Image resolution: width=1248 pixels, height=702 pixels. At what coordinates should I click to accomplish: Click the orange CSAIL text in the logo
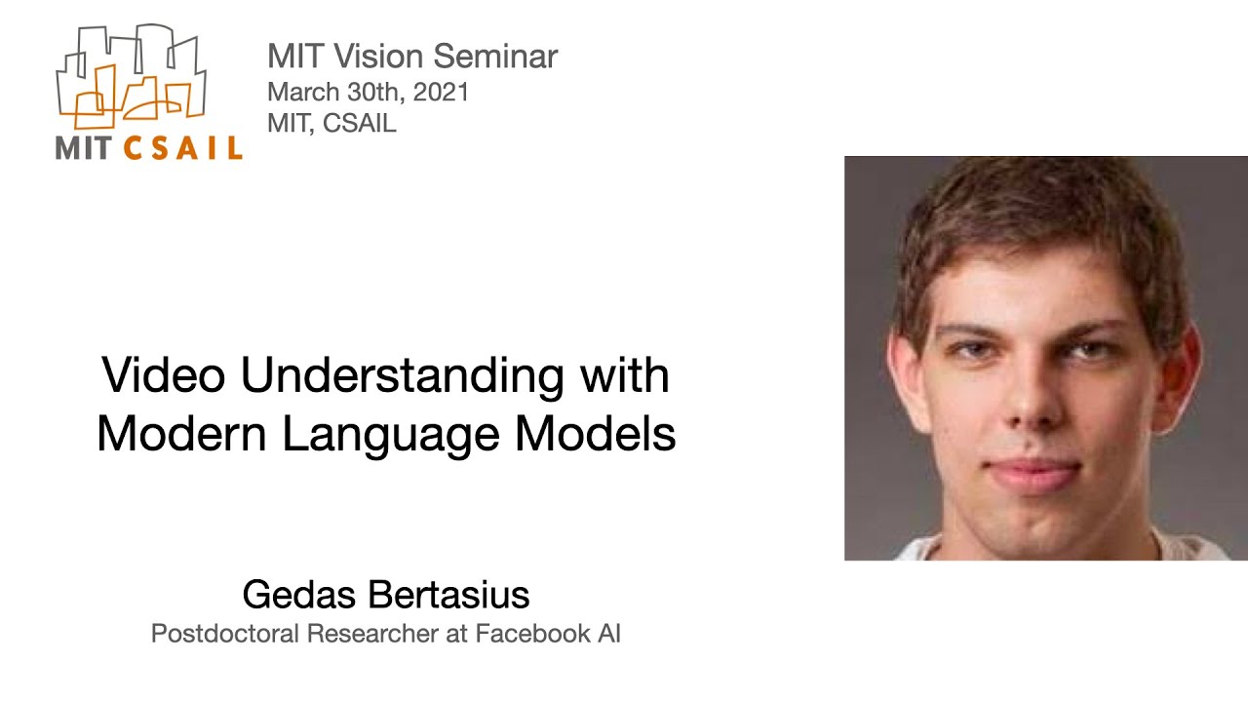[x=183, y=148]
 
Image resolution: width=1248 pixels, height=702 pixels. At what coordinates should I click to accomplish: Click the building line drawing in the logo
[x=132, y=78]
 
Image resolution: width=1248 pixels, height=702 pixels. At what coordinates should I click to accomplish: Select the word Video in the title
[x=163, y=376]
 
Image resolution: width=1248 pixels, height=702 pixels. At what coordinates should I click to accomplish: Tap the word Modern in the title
[x=182, y=434]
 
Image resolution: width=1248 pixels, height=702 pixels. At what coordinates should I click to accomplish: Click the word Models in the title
[x=596, y=434]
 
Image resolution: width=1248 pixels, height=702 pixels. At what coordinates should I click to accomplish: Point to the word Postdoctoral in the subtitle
[x=224, y=634]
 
